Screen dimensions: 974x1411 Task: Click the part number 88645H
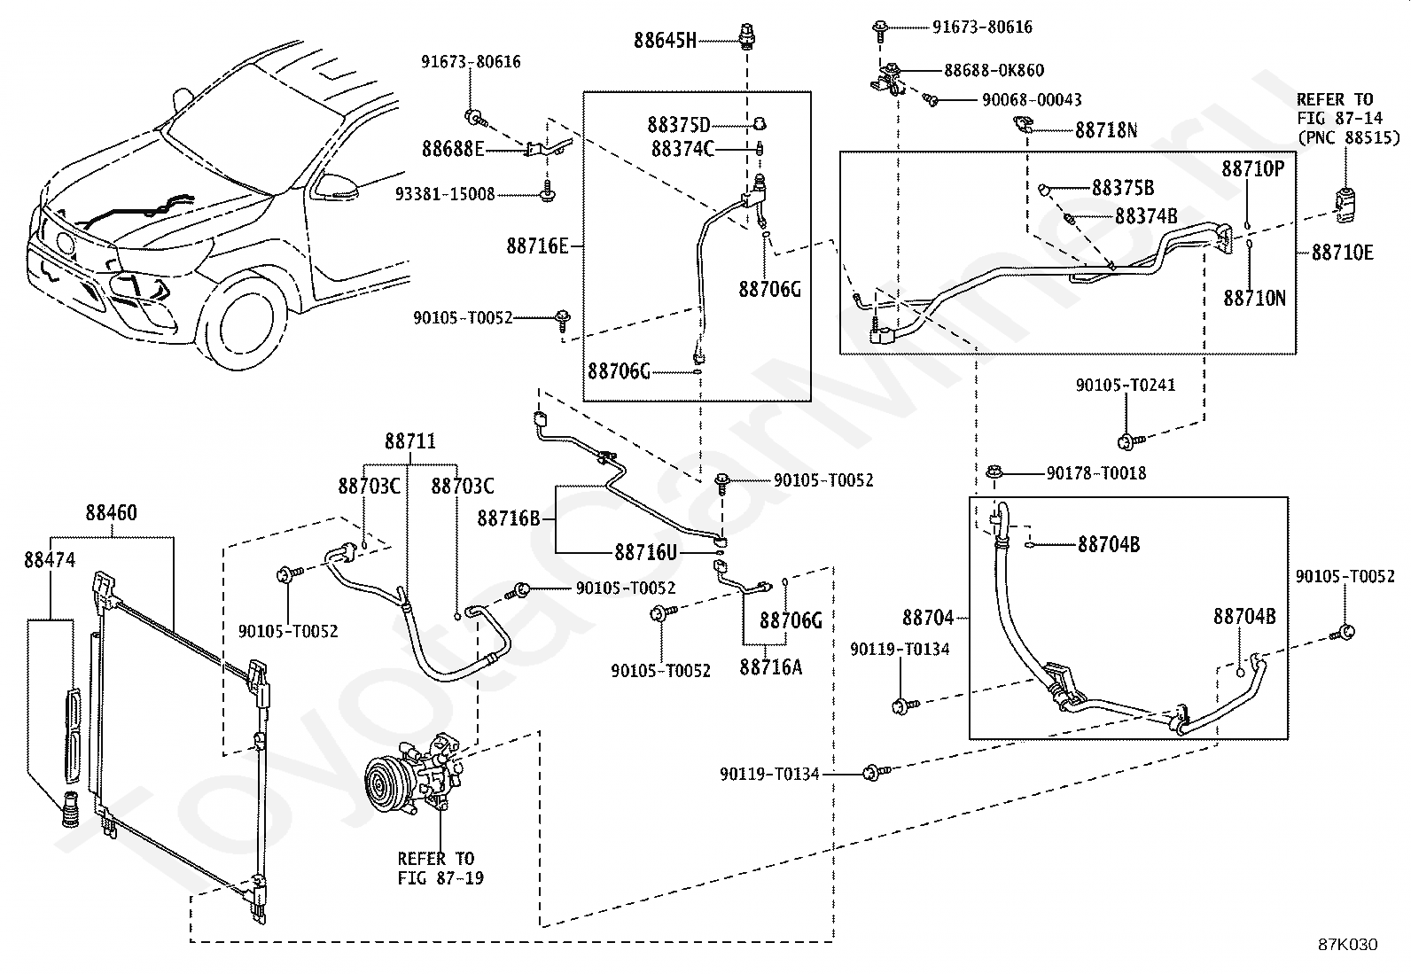pos(666,40)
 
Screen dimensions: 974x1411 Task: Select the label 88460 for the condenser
pos(112,513)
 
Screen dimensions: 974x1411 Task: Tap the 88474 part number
pos(50,560)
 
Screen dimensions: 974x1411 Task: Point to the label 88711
pos(410,440)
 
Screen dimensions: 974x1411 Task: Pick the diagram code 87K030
pos(1347,945)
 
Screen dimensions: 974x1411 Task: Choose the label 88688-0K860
pos(994,70)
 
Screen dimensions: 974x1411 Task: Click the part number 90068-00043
pos(1032,100)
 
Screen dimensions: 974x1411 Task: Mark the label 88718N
pos(1106,130)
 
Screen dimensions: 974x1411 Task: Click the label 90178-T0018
pos(1096,474)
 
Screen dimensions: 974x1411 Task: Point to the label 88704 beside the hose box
pos(928,617)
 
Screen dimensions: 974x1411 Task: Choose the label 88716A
pos(770,666)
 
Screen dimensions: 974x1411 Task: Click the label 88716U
pos(645,553)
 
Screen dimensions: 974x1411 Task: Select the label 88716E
pos(537,245)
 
